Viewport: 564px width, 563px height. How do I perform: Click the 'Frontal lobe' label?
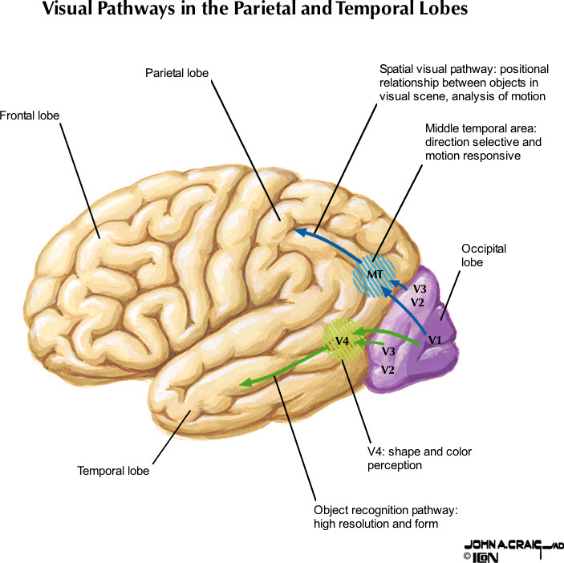pos(30,115)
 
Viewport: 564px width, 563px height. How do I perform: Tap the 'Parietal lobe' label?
pos(177,73)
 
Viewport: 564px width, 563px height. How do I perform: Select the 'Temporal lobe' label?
pos(113,471)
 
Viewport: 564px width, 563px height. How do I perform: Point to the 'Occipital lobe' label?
pos(484,255)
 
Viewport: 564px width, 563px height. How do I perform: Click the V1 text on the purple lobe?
pos(435,340)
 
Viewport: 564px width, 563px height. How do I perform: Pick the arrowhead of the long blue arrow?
pos(299,232)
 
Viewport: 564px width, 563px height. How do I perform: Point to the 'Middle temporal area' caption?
pos(484,142)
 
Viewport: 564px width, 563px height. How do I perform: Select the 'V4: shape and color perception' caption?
pos(420,458)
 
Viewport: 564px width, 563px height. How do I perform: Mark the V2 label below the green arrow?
pos(387,370)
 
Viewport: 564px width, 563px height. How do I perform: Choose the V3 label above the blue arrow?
pos(420,288)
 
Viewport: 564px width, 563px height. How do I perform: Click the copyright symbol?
pos(466,556)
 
